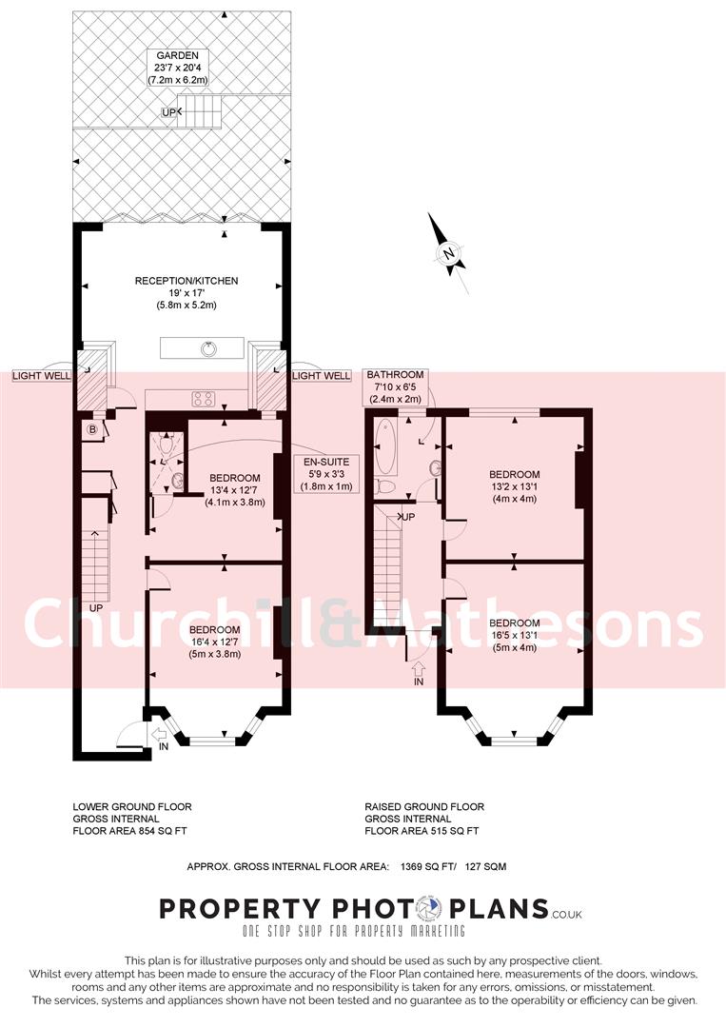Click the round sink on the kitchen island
208,347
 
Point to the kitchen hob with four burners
204,399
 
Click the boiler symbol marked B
92,429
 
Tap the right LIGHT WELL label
321,376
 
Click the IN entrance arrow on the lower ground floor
159,734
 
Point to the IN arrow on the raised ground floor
419,672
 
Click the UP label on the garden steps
169,112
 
